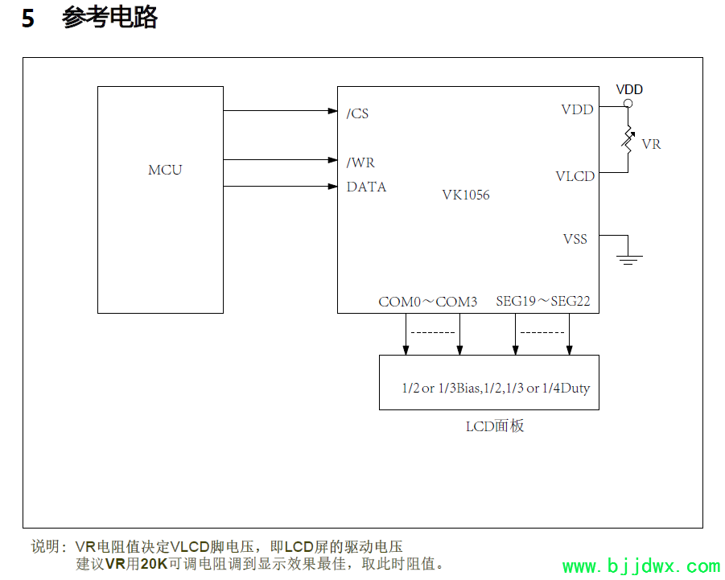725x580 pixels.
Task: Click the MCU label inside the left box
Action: point(165,170)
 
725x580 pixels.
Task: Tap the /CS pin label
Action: point(358,113)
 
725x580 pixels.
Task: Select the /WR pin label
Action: point(360,162)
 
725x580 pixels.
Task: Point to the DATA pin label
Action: point(366,187)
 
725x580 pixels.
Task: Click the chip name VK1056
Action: point(465,195)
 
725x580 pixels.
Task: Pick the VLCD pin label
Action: point(575,176)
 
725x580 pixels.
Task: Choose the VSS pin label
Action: point(575,239)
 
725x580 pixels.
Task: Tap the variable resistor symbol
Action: point(628,141)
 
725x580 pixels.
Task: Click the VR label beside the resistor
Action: point(651,145)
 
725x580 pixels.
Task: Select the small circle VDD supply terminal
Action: point(628,103)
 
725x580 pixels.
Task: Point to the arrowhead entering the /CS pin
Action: point(332,111)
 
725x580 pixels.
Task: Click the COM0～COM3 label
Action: point(427,302)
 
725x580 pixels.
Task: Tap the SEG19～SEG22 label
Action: point(543,302)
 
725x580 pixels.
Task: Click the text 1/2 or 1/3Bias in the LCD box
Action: point(441,389)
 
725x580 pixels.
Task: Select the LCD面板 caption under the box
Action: point(495,426)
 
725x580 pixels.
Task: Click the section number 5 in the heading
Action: point(28,19)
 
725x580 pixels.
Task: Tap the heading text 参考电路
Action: point(109,18)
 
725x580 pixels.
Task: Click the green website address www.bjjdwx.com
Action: point(641,566)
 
